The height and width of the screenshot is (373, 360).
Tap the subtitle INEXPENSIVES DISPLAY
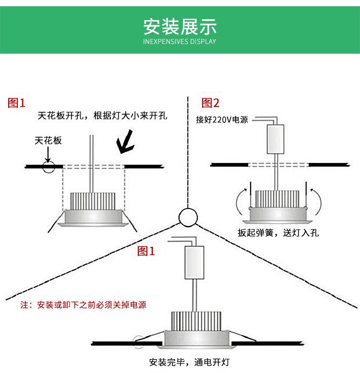tap(180, 42)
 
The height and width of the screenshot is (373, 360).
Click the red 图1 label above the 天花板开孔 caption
tap(17, 103)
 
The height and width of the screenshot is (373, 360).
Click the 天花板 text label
tap(48, 140)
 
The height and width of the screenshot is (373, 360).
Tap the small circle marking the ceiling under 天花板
tap(48, 167)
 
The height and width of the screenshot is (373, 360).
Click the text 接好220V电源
tap(222, 120)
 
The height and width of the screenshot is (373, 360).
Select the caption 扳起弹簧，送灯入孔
tap(278, 233)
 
